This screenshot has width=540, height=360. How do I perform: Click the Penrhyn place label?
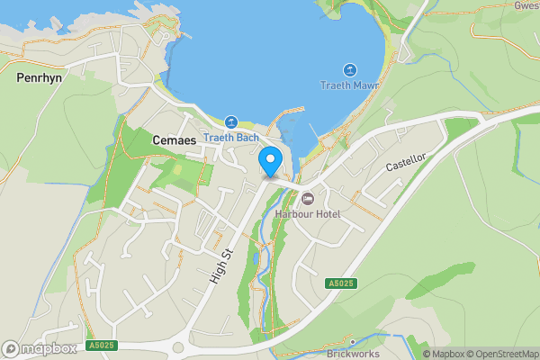tap(39, 78)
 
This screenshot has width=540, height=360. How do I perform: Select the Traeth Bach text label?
tap(230, 138)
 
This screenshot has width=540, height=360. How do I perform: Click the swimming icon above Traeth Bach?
tap(231, 121)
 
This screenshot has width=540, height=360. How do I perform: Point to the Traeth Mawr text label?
tap(350, 85)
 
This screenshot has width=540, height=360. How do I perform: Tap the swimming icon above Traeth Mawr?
tap(350, 70)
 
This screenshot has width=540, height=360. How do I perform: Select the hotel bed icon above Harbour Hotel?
tap(308, 198)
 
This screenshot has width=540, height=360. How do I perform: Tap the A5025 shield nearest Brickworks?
tap(339, 283)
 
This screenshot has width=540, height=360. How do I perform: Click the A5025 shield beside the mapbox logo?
tap(101, 346)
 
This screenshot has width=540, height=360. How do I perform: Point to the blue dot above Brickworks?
tap(353, 342)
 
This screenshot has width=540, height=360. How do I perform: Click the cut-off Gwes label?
tap(526, 4)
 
